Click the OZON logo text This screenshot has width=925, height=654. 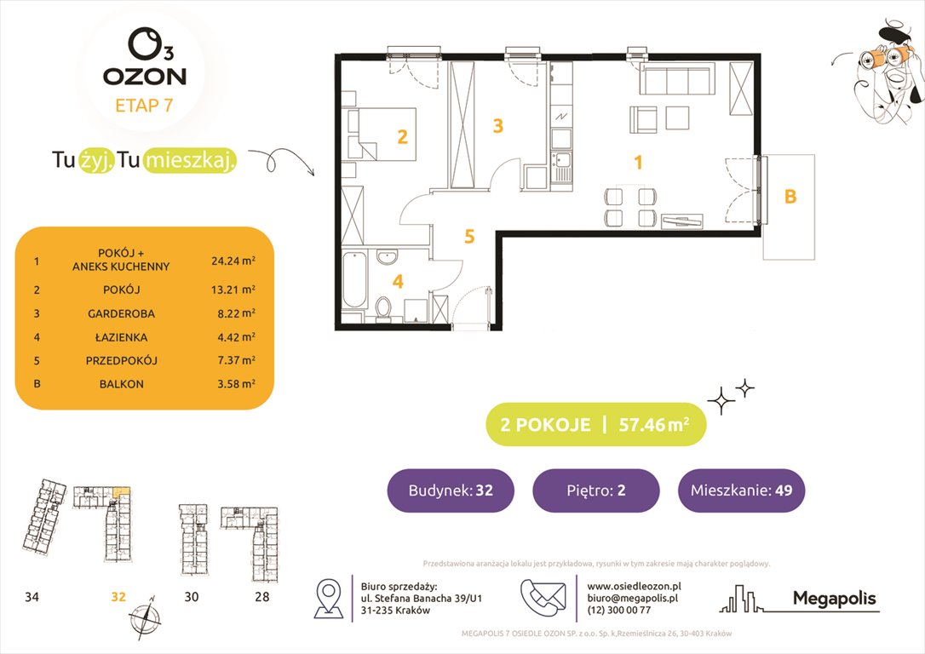[x=145, y=76]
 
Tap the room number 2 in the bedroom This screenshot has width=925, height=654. [x=402, y=135]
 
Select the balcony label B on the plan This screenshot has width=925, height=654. [x=790, y=197]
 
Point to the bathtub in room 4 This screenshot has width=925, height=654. [x=353, y=286]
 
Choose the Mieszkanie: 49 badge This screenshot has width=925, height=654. [x=741, y=490]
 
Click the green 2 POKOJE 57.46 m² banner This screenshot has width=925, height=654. [x=595, y=425]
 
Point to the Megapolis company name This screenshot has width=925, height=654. [x=834, y=599]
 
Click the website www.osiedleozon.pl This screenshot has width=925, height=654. [x=635, y=586]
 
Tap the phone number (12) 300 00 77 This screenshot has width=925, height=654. [x=619, y=610]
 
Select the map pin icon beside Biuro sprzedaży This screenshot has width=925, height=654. [x=329, y=598]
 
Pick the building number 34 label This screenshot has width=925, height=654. [x=32, y=597]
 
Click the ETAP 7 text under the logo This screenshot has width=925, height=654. [x=144, y=106]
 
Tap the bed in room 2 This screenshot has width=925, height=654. [x=380, y=135]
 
